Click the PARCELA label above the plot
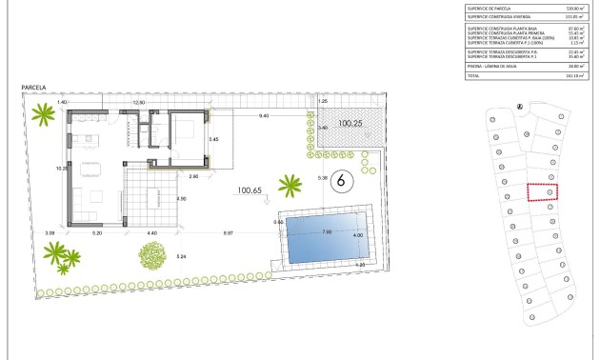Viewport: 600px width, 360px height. (35, 88)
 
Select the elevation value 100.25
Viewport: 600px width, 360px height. (350, 124)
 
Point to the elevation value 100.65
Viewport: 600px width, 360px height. (250, 190)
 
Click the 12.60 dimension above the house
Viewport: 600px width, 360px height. (138, 101)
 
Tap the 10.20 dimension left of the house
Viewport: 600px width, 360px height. (61, 168)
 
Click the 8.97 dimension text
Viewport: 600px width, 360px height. (230, 232)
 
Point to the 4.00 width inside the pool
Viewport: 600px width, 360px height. (358, 236)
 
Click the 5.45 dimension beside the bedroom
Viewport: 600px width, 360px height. (214, 140)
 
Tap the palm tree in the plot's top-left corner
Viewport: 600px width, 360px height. (43, 117)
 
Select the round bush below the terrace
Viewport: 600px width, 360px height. (152, 256)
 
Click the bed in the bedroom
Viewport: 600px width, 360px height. (185, 128)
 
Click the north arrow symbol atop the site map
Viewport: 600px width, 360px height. (519, 107)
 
